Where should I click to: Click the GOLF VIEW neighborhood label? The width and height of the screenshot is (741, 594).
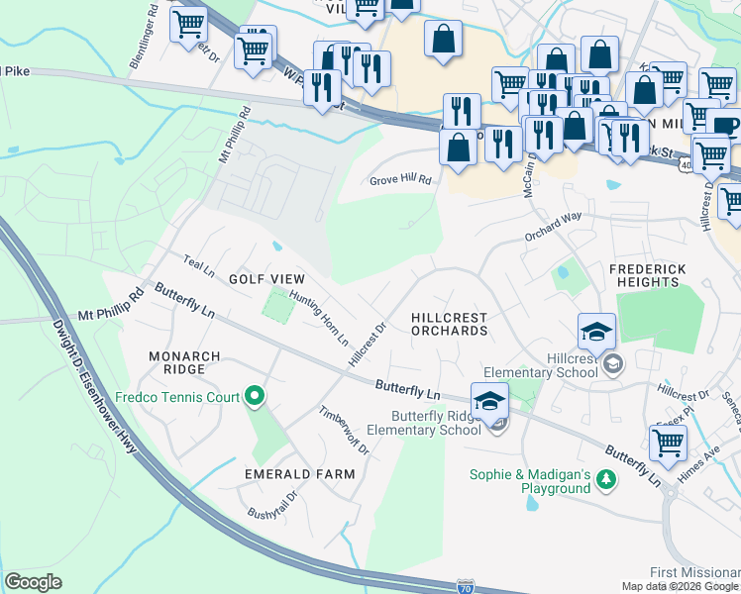click(266, 280)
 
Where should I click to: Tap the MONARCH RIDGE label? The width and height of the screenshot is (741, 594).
click(178, 362)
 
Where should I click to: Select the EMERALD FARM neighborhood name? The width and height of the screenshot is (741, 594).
click(300, 474)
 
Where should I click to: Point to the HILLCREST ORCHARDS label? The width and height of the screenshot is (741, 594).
click(449, 324)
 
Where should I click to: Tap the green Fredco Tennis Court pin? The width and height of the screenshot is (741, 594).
click(255, 397)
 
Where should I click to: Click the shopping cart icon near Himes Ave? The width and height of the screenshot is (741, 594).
click(669, 445)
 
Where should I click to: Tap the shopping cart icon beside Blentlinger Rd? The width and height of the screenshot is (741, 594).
click(188, 24)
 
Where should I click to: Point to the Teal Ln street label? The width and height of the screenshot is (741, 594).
click(199, 265)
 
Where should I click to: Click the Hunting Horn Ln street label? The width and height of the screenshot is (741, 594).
click(319, 318)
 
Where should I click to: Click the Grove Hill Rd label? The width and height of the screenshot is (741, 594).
click(401, 180)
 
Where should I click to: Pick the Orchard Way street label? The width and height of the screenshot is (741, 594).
click(553, 228)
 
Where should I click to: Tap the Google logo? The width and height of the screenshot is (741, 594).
click(34, 581)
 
